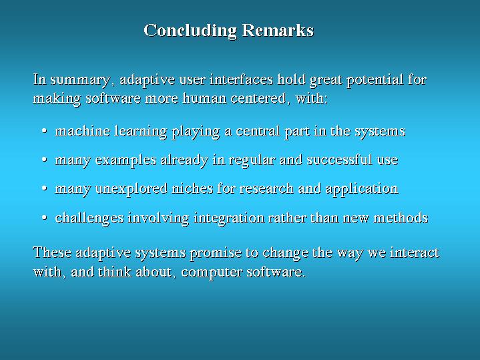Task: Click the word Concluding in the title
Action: [x=190, y=31]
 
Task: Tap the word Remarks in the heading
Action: [x=278, y=30]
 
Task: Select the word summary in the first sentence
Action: [x=80, y=80]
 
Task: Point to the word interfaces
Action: [x=241, y=79]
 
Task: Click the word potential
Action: [x=375, y=80]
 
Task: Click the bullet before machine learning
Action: [x=44, y=131]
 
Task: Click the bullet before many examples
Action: [x=44, y=160]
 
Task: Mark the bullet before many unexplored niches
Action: [x=44, y=189]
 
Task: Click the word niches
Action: [x=192, y=188]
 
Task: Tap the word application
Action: [x=362, y=189]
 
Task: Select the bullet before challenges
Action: [x=44, y=218]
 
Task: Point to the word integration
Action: [x=229, y=218]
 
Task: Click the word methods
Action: [x=401, y=218]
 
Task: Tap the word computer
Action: [x=212, y=273]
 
